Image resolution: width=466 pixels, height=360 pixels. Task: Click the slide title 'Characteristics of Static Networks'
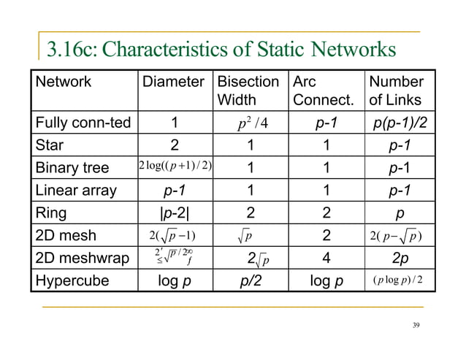221,50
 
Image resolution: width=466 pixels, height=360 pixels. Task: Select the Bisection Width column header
249,90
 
